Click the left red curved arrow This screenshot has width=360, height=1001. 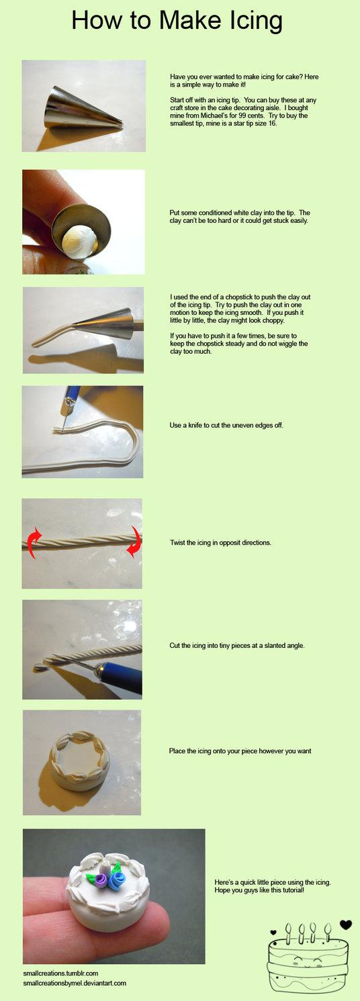click(x=34, y=542)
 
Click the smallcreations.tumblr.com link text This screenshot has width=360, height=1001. click(x=61, y=973)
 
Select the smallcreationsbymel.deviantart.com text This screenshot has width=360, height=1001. click(x=75, y=983)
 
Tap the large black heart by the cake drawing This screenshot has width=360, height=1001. click(x=346, y=924)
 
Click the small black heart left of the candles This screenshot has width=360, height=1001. click(x=273, y=932)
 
